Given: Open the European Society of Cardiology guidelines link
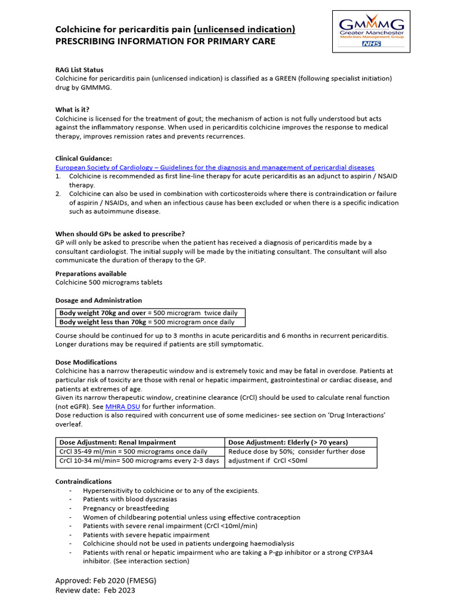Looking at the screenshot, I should [x=215, y=168].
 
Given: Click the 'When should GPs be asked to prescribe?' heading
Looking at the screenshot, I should [x=120, y=233].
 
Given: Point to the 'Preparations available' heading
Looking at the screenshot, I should [x=91, y=273].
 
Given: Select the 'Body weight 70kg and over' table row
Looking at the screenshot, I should [x=150, y=313].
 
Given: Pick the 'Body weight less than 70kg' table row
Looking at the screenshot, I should [x=150, y=322].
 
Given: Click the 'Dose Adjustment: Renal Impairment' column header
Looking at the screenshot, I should [x=117, y=442].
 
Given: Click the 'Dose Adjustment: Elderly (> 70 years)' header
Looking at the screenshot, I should [x=288, y=442].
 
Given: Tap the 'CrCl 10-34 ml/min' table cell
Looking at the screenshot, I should [x=140, y=461].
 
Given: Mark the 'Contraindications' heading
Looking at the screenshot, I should [x=83, y=481].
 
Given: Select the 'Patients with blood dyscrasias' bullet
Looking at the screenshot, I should [x=130, y=499].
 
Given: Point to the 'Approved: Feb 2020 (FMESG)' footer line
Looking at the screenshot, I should [x=106, y=580].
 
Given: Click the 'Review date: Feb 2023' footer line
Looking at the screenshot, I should [x=95, y=590].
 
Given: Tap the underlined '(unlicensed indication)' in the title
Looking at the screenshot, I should [x=245, y=29].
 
